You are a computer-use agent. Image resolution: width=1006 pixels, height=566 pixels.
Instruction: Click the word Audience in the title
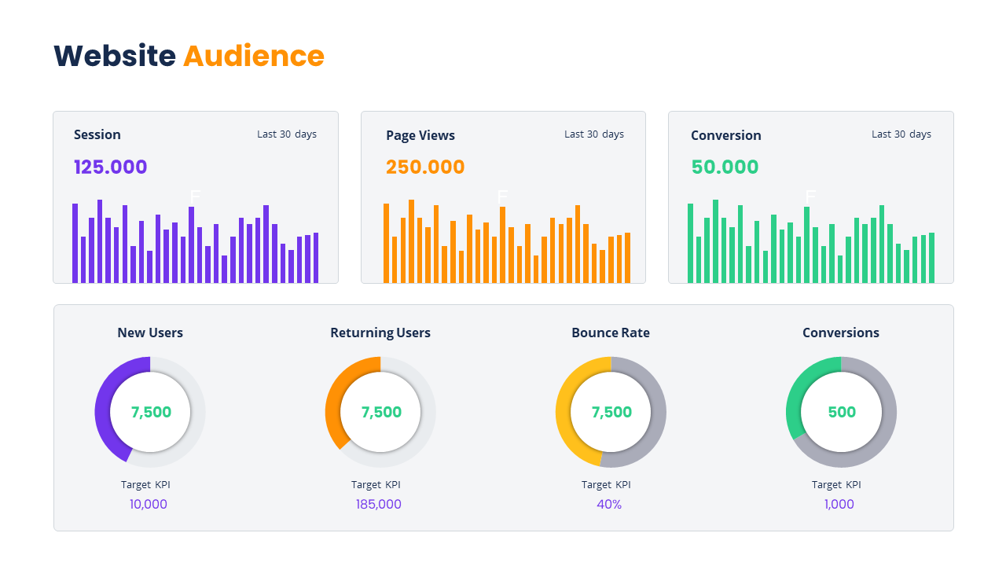253,56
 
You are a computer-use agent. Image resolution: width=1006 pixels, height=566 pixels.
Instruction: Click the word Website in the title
115,56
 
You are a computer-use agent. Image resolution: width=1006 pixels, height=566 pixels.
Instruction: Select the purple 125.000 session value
111,167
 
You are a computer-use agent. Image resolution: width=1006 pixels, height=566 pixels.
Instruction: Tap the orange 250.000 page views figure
425,167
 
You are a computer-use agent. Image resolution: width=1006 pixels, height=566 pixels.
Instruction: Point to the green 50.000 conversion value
725,167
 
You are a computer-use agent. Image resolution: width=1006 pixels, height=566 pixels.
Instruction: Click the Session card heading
97,134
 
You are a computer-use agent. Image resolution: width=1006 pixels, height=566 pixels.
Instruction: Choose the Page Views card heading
420,135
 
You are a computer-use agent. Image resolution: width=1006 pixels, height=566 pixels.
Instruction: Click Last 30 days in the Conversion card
901,134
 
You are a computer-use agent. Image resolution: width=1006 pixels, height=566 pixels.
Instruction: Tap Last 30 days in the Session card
287,134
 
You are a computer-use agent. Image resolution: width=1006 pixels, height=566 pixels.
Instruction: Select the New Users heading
150,333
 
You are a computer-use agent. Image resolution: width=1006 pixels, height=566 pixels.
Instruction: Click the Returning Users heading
380,333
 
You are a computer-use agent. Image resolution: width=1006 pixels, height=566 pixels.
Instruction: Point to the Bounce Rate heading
611,333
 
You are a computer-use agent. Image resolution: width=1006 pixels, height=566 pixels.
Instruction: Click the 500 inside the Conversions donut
842,412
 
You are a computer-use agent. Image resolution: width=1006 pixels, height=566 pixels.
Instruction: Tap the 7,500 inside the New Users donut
151,412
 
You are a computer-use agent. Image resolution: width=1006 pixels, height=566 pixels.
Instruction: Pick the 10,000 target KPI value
149,504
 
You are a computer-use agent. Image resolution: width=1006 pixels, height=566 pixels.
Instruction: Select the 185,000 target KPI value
379,504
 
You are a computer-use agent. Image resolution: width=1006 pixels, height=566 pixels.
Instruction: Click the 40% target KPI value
609,504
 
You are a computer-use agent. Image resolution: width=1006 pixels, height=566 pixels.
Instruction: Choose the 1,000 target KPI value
839,504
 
